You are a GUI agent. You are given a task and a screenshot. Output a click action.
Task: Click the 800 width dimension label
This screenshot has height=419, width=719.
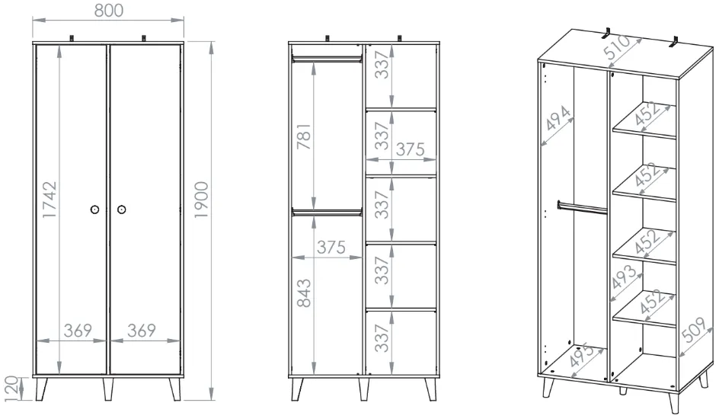tap(109, 10)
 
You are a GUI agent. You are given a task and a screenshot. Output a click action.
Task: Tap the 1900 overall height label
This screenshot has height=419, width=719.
tap(201, 200)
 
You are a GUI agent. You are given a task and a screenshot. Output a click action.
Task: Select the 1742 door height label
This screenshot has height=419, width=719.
tap(50, 200)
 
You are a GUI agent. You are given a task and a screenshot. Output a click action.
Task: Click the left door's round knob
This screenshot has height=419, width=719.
tap(94, 209)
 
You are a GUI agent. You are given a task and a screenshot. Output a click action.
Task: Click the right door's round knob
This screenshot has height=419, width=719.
tap(122, 209)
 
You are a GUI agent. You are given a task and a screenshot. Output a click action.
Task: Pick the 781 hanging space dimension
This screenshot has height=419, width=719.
tap(304, 136)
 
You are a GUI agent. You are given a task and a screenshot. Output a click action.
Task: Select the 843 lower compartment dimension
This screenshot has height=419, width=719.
tap(304, 293)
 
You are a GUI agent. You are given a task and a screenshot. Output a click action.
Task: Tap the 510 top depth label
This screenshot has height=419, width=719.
tap(616, 46)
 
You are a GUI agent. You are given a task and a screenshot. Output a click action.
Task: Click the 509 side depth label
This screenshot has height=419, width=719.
tap(694, 329)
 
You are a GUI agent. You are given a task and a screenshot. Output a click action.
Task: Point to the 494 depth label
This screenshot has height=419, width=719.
tap(558, 118)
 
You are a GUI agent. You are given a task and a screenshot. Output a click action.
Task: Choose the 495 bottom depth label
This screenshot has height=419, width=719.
tap(580, 355)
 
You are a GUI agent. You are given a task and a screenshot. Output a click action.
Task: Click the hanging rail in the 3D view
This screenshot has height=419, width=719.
tap(583, 207)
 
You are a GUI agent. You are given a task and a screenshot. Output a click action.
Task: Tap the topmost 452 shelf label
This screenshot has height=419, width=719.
tap(648, 114)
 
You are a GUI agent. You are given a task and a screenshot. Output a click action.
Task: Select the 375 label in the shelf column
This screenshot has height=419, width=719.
tap(410, 149)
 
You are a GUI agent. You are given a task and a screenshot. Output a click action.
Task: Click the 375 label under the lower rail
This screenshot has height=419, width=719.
tap(331, 248)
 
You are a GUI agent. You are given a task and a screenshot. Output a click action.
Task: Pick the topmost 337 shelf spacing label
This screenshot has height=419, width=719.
tap(382, 65)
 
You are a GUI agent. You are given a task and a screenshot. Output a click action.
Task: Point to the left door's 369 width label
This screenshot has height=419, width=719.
tap(78, 330)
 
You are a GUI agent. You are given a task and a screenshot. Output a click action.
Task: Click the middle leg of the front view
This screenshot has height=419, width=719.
tap(107, 389)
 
